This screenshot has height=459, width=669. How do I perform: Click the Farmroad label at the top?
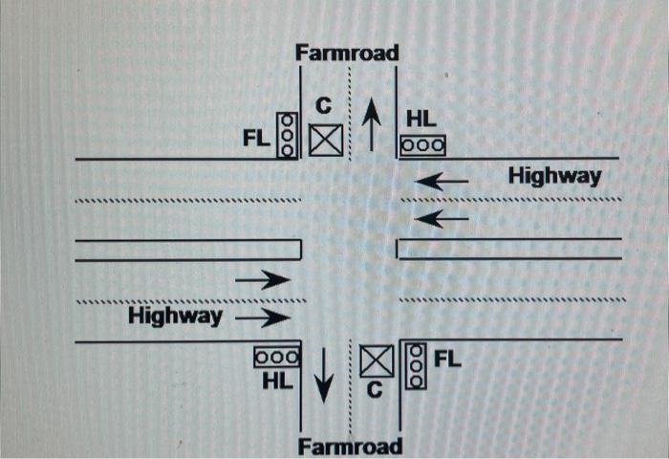click(347, 53)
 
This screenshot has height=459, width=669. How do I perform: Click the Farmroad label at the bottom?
click(350, 446)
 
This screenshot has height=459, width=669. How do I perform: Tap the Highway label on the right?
click(554, 176)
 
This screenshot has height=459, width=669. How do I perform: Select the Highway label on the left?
click(176, 316)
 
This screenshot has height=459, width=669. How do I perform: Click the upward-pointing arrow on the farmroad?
click(373, 123)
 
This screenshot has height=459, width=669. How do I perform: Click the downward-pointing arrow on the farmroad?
click(325, 374)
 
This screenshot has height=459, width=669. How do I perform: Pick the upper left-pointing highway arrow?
click(442, 179)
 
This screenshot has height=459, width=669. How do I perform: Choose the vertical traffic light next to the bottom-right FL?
click(414, 366)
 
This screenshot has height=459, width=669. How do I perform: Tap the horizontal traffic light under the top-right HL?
click(423, 146)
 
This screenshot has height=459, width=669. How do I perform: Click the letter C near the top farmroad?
click(325, 106)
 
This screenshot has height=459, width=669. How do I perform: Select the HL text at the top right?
click(421, 120)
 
